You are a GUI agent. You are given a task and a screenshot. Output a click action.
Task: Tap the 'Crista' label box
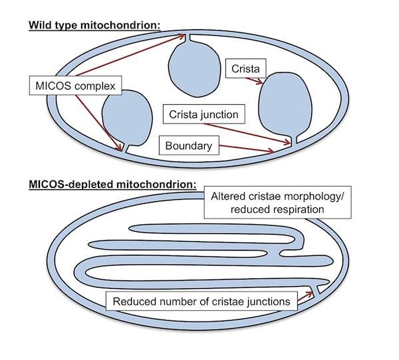click(x=244, y=68)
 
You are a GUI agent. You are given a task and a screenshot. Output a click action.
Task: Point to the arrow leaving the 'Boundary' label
click(x=246, y=148)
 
